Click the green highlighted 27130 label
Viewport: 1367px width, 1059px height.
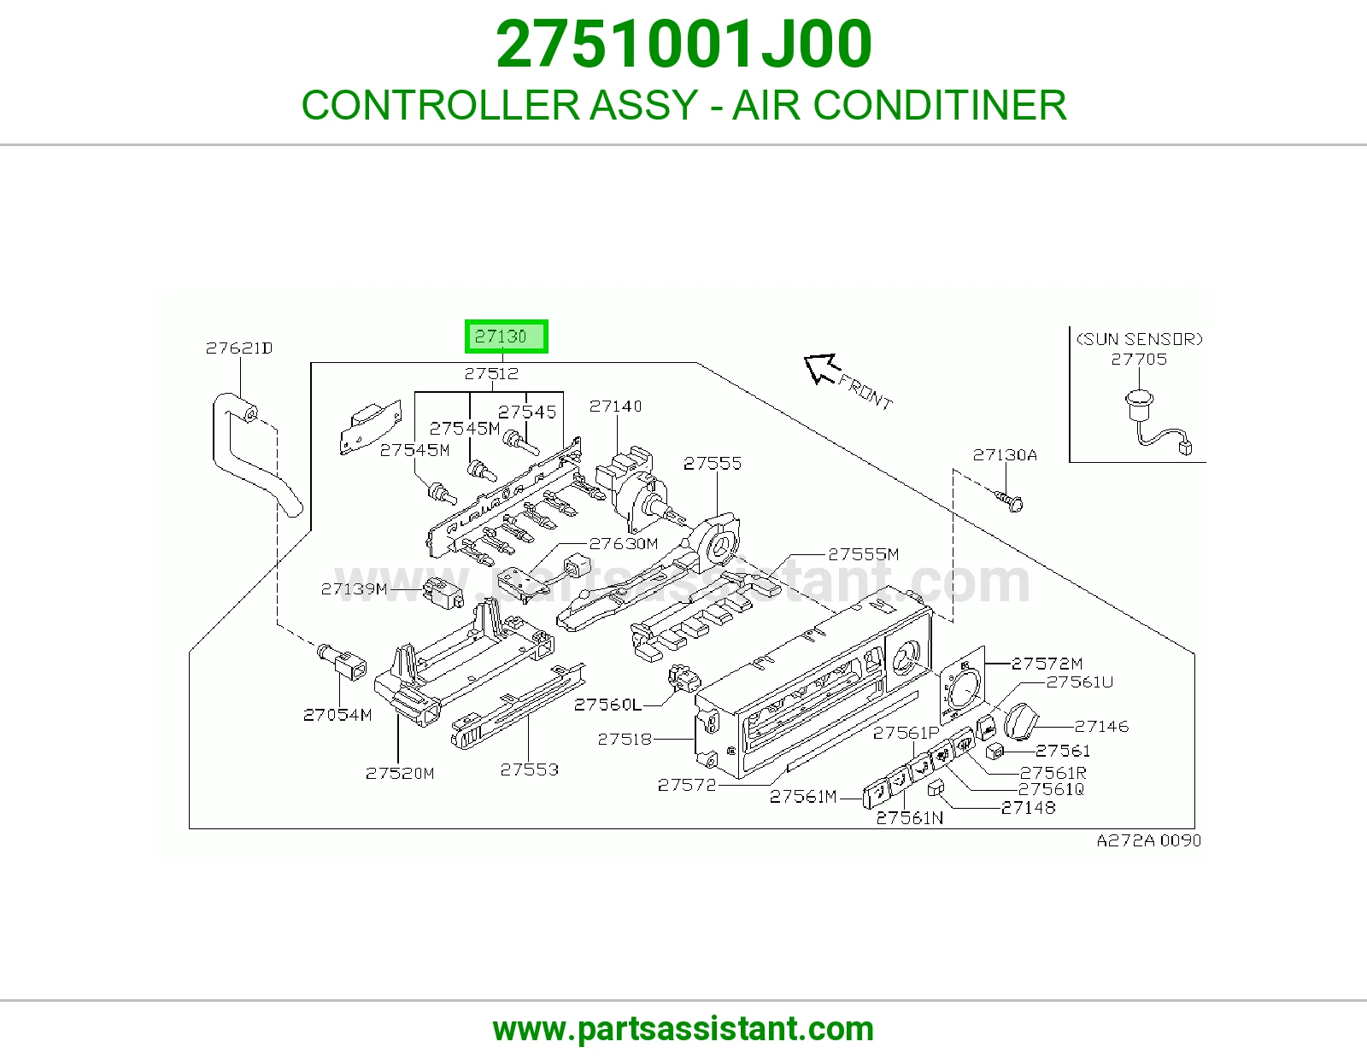click(x=506, y=336)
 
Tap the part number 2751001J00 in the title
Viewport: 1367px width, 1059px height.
click(x=683, y=44)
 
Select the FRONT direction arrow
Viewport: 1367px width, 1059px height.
click(x=822, y=369)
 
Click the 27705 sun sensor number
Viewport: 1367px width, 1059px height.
click(x=1139, y=359)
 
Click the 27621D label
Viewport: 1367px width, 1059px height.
click(x=239, y=348)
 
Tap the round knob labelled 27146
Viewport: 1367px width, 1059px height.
click(x=1022, y=721)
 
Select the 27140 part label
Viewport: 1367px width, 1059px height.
click(x=615, y=407)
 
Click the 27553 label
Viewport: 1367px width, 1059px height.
click(x=529, y=769)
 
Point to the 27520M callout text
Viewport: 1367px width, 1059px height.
click(x=400, y=773)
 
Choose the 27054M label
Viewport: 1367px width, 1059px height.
click(x=337, y=714)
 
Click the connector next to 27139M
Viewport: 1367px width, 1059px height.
click(x=443, y=593)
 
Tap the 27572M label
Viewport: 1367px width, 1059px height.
click(x=1047, y=663)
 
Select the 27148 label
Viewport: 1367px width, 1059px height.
click(x=1028, y=807)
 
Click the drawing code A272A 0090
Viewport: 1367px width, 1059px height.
click(x=1149, y=840)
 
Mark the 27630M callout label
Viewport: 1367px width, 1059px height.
click(x=623, y=543)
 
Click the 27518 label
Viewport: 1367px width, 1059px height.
click(x=625, y=739)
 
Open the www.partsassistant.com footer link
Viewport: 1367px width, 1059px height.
click(x=683, y=1029)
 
